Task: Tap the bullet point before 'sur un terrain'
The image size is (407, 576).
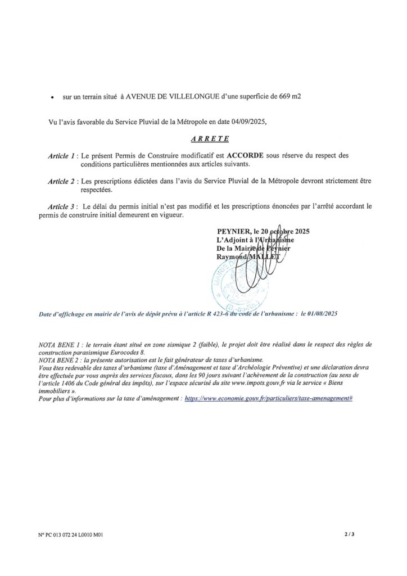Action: [52, 98]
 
